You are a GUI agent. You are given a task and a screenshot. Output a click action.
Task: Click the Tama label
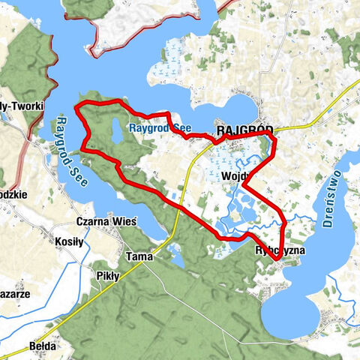click(x=140, y=256)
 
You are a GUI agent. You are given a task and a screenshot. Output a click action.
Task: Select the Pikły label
click(x=109, y=276)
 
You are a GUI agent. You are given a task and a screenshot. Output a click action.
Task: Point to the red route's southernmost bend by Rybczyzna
click(x=276, y=259)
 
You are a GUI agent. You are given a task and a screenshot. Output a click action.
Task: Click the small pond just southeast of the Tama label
click(x=178, y=260)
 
